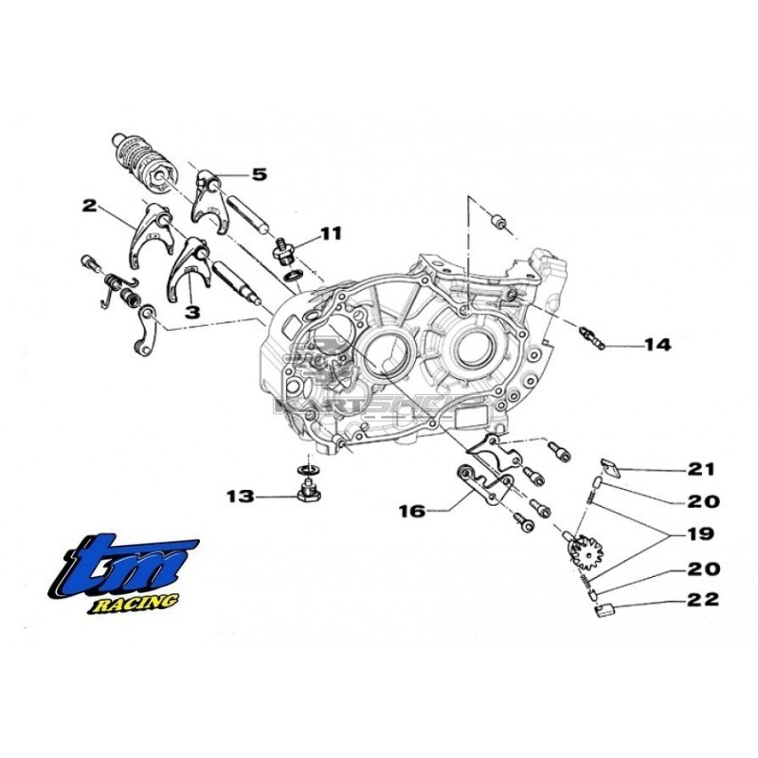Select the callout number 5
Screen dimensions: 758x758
click(x=259, y=174)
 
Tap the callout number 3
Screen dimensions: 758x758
click(x=191, y=310)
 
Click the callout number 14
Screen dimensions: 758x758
click(x=657, y=345)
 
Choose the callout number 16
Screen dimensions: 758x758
click(x=410, y=511)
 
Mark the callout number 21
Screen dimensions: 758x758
click(x=702, y=469)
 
